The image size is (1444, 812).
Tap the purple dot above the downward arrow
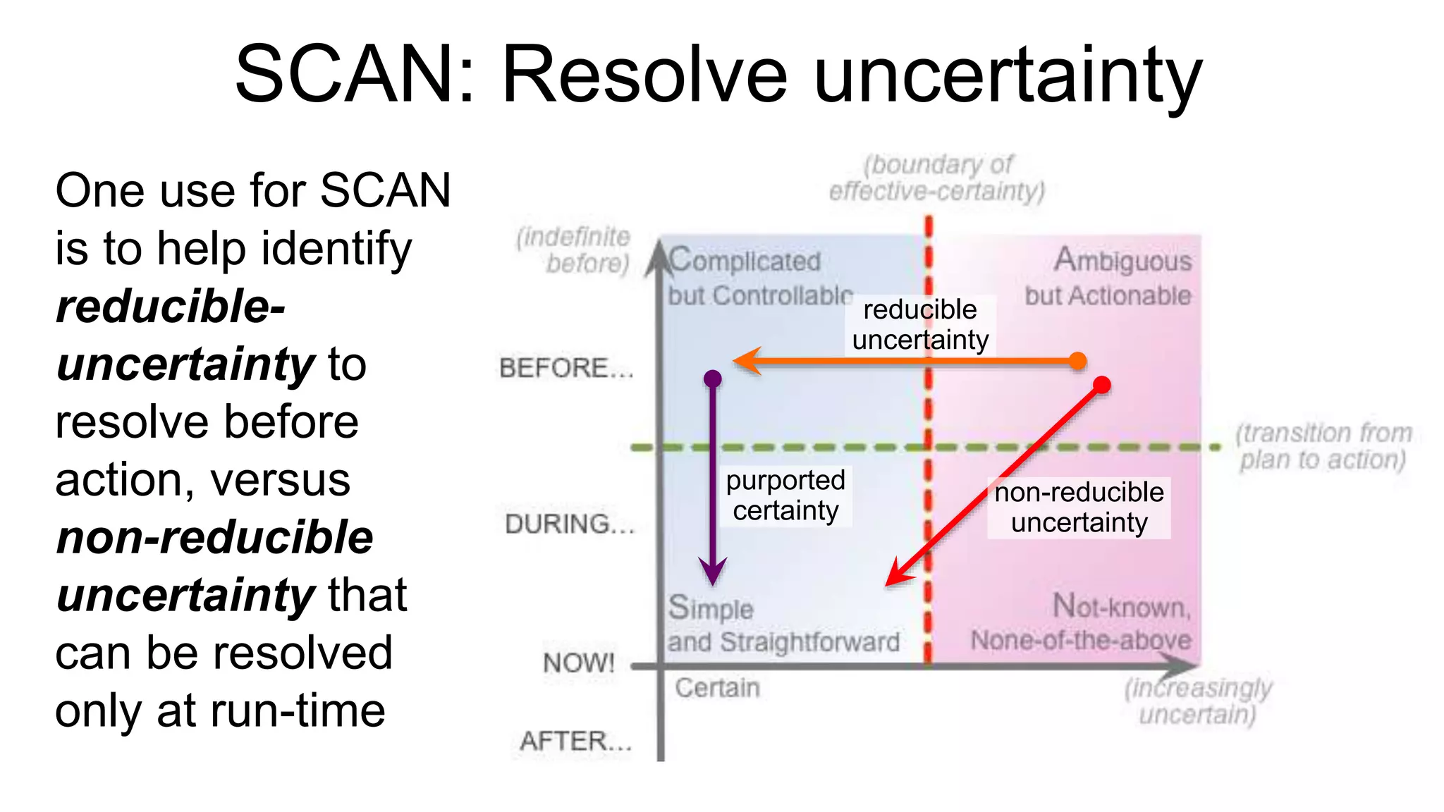coord(713,379)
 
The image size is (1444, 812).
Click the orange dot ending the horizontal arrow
coord(1077,361)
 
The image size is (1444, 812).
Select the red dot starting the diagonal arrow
coord(1101,384)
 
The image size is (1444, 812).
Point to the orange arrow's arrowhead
coord(746,361)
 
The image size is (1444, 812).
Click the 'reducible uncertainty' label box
coord(920,325)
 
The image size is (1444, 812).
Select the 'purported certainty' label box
coord(785,496)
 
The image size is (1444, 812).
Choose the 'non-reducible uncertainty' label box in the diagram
coord(1079,508)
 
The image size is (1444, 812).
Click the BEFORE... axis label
coord(566,368)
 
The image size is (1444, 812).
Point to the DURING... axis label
coord(570,524)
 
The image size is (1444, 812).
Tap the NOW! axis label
coord(579,663)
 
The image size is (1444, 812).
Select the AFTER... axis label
coord(575,741)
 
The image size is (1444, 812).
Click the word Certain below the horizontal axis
coord(717,687)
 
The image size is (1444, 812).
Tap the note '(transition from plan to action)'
coord(1323,446)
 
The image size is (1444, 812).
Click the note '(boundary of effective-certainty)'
coord(936,178)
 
